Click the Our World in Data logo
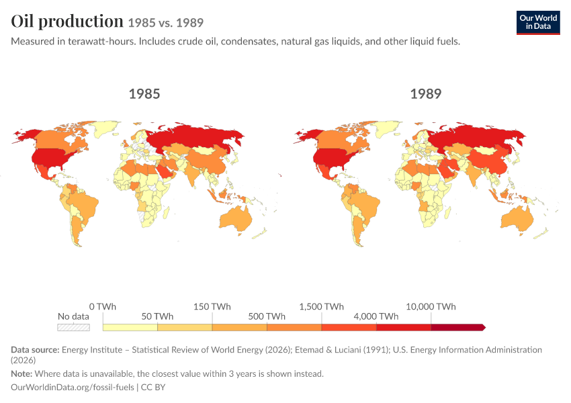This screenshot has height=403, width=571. [538, 23]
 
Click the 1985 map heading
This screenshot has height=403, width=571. [144, 94]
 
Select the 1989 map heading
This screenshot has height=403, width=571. [426, 94]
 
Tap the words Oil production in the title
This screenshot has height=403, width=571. [67, 21]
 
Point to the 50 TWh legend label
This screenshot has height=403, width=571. [157, 316]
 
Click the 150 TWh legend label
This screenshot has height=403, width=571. [212, 306]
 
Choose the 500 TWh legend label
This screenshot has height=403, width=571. [267, 316]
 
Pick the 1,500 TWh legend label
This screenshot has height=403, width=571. [322, 306]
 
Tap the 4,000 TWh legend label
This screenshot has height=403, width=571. [376, 316]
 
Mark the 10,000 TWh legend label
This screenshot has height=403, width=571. [431, 306]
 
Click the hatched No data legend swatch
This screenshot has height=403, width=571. [74, 327]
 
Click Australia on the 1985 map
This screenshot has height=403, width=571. [236, 220]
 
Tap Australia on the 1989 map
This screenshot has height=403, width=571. [517, 220]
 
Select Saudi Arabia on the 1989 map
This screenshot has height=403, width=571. [447, 170]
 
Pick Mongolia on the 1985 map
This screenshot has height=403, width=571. [205, 150]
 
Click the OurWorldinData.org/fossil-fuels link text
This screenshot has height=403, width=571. [73, 387]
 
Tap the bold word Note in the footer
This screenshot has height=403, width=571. [21, 373]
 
